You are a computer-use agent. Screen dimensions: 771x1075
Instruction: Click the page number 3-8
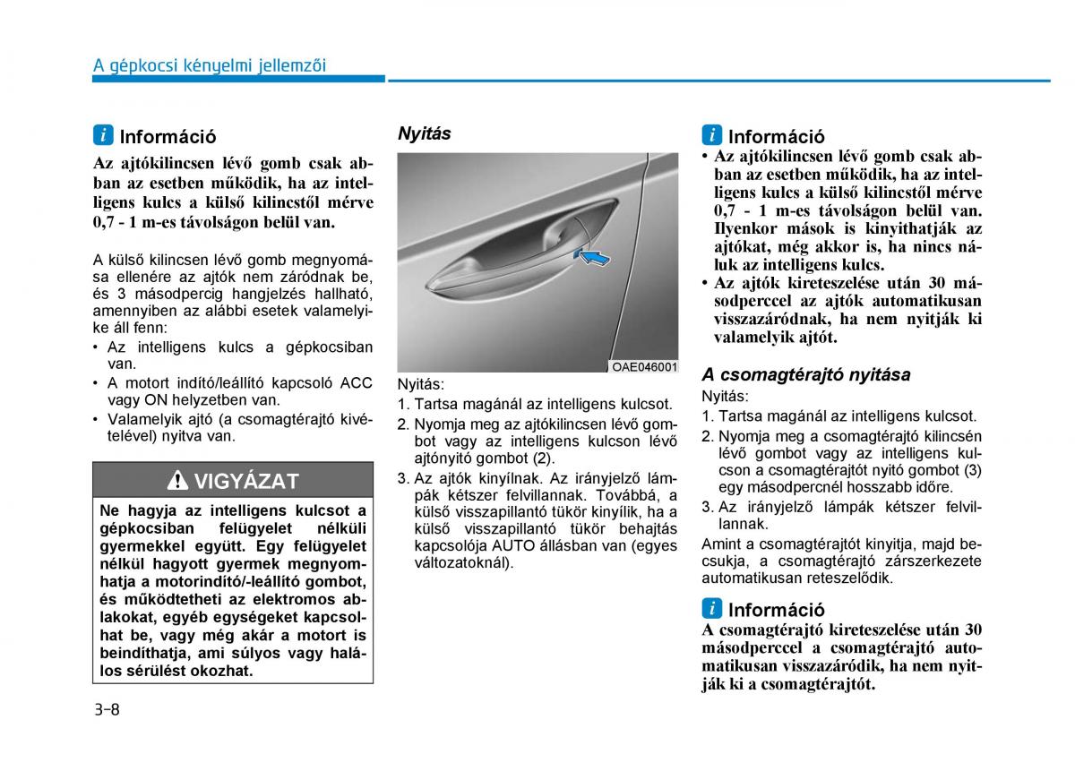106,709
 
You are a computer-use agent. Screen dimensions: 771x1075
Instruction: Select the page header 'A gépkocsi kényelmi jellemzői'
210,65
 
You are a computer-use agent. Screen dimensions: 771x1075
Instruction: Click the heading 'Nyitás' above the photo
424,133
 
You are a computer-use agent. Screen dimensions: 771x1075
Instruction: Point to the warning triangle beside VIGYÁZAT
177,481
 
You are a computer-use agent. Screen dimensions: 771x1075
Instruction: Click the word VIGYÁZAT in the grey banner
246,481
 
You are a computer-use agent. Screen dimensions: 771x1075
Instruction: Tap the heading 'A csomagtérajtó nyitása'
805,374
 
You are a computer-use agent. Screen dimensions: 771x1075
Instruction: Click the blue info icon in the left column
103,136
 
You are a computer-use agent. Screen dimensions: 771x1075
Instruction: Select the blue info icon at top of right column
711,136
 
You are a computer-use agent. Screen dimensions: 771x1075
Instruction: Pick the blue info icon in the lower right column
711,609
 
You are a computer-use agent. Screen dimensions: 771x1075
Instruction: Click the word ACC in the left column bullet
356,383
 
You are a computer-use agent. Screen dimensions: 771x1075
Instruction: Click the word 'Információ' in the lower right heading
776,610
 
